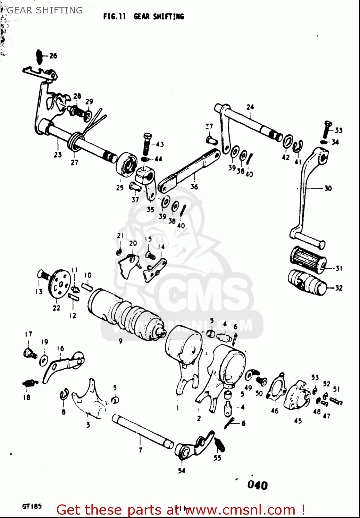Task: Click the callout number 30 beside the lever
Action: pyautogui.click(x=328, y=188)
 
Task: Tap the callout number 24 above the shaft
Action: pyautogui.click(x=250, y=107)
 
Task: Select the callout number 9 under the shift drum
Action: pyautogui.click(x=120, y=341)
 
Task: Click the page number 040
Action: pyautogui.click(x=257, y=485)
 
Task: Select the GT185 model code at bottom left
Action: pyautogui.click(x=32, y=507)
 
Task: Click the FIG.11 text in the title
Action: pyautogui.click(x=114, y=16)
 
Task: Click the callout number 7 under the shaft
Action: pyautogui.click(x=140, y=450)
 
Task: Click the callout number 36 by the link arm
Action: pyautogui.click(x=194, y=187)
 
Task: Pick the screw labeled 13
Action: pyautogui.click(x=43, y=275)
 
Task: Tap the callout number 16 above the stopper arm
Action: pyautogui.click(x=60, y=348)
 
